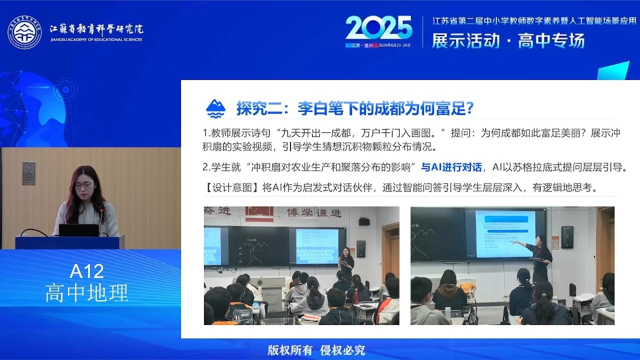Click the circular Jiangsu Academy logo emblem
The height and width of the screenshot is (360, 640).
24,32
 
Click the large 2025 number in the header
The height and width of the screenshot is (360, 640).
378,28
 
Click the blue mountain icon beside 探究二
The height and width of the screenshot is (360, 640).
216,108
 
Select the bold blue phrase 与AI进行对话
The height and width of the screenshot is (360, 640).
451,167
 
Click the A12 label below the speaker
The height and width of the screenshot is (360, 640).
86,271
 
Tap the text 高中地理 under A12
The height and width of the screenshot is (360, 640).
86,293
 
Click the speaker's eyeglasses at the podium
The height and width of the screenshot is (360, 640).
82,185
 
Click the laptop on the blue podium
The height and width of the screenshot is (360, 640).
79,230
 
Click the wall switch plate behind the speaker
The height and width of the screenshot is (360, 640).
28,173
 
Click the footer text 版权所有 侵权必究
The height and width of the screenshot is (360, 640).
316,350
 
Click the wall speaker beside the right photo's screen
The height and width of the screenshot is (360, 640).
567,237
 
